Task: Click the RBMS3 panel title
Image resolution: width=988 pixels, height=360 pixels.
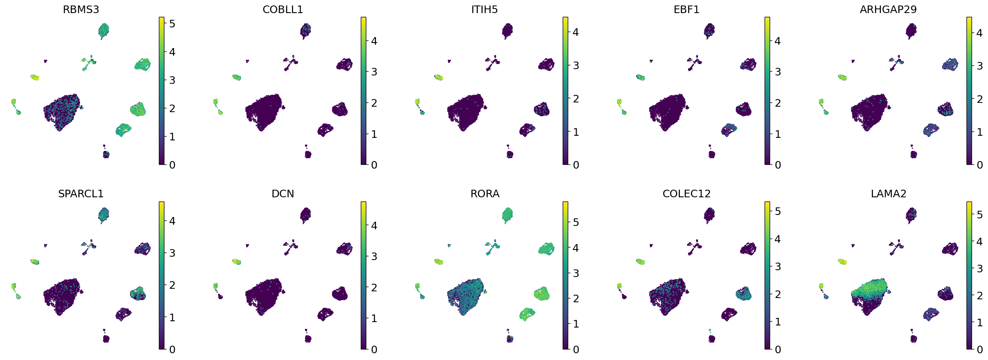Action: pyautogui.click(x=81, y=9)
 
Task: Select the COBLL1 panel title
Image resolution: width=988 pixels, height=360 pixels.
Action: pyautogui.click(x=283, y=9)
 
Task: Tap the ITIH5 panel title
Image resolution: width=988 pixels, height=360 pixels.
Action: pyautogui.click(x=484, y=9)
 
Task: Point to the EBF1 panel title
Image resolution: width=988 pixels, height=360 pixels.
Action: pyautogui.click(x=686, y=9)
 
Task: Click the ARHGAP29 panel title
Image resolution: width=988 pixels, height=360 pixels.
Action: pyautogui.click(x=888, y=9)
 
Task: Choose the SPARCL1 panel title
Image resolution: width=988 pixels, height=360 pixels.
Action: pyautogui.click(x=81, y=193)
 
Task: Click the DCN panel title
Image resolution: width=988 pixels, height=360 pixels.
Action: pyautogui.click(x=283, y=193)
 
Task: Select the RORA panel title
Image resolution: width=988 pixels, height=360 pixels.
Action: pyautogui.click(x=485, y=193)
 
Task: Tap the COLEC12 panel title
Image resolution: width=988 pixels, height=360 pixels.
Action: pyautogui.click(x=686, y=193)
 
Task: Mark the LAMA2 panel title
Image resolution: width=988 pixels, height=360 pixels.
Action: pyautogui.click(x=888, y=193)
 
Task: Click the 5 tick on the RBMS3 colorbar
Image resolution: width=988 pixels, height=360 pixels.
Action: pyautogui.click(x=172, y=24)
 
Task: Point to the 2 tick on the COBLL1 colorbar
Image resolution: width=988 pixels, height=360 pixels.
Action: pyautogui.click(x=374, y=103)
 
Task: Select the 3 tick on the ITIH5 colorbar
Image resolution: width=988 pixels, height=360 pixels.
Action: pyautogui.click(x=576, y=65)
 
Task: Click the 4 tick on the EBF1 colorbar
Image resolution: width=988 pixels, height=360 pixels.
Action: pyautogui.click(x=778, y=41)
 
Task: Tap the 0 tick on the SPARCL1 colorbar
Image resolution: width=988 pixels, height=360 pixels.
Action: pyautogui.click(x=172, y=349)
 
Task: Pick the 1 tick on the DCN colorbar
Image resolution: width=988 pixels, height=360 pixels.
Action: pyautogui.click(x=374, y=318)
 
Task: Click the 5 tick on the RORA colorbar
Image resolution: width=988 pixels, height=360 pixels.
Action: pyautogui.click(x=576, y=222)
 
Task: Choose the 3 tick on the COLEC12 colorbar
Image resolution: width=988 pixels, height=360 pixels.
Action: pyautogui.click(x=778, y=266)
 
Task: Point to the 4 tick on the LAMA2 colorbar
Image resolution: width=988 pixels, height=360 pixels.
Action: pyautogui.click(x=980, y=241)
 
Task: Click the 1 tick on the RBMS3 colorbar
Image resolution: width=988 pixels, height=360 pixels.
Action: pyautogui.click(x=172, y=137)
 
